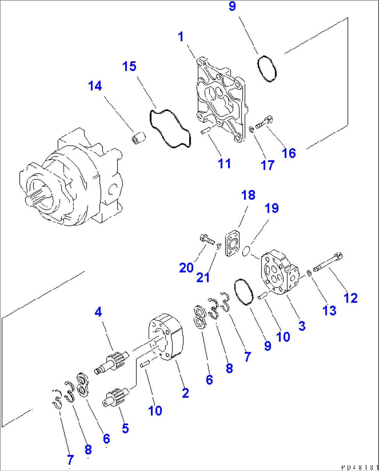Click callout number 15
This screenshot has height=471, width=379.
[x=129, y=66]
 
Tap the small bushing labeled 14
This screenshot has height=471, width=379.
[x=138, y=138]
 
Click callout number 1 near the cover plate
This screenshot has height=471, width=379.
[x=180, y=37]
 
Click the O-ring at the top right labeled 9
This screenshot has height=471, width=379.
[x=267, y=69]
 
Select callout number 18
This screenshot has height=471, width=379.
[x=248, y=195]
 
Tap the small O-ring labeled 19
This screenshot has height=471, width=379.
[x=246, y=251]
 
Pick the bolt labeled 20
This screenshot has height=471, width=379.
[x=207, y=240]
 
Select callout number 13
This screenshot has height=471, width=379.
[x=329, y=310]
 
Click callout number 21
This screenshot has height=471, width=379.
[x=203, y=277]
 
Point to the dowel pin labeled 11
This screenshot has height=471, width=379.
[x=205, y=131]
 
